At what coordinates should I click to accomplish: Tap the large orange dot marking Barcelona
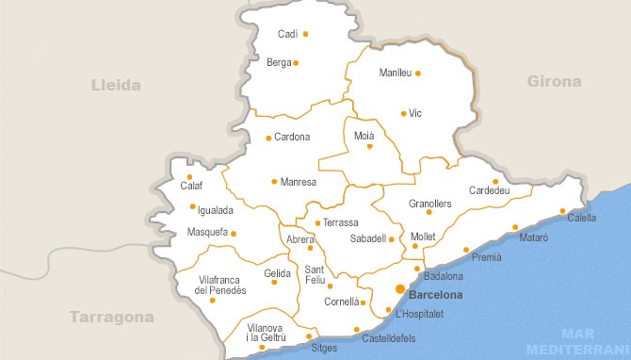coord(400,288)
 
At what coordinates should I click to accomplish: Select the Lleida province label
coord(116,85)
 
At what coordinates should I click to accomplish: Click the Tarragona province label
coord(111,317)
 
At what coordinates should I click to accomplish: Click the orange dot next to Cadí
coord(305,34)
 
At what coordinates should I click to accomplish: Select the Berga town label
coord(279,63)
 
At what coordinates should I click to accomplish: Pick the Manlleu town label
coord(395,73)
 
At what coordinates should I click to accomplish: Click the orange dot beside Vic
coord(403,114)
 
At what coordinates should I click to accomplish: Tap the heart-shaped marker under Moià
coord(370,147)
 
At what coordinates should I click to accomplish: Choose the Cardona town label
coord(292,138)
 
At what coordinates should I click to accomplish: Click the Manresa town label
coord(299,181)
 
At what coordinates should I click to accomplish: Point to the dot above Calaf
coord(189,176)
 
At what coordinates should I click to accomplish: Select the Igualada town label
coord(209,210)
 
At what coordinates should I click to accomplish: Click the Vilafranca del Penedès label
coord(222,286)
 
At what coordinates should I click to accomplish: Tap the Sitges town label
coord(324,348)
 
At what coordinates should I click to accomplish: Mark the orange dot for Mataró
coord(515,227)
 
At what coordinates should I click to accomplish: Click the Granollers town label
coord(430,204)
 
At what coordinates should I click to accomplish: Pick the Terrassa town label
coord(340,222)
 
